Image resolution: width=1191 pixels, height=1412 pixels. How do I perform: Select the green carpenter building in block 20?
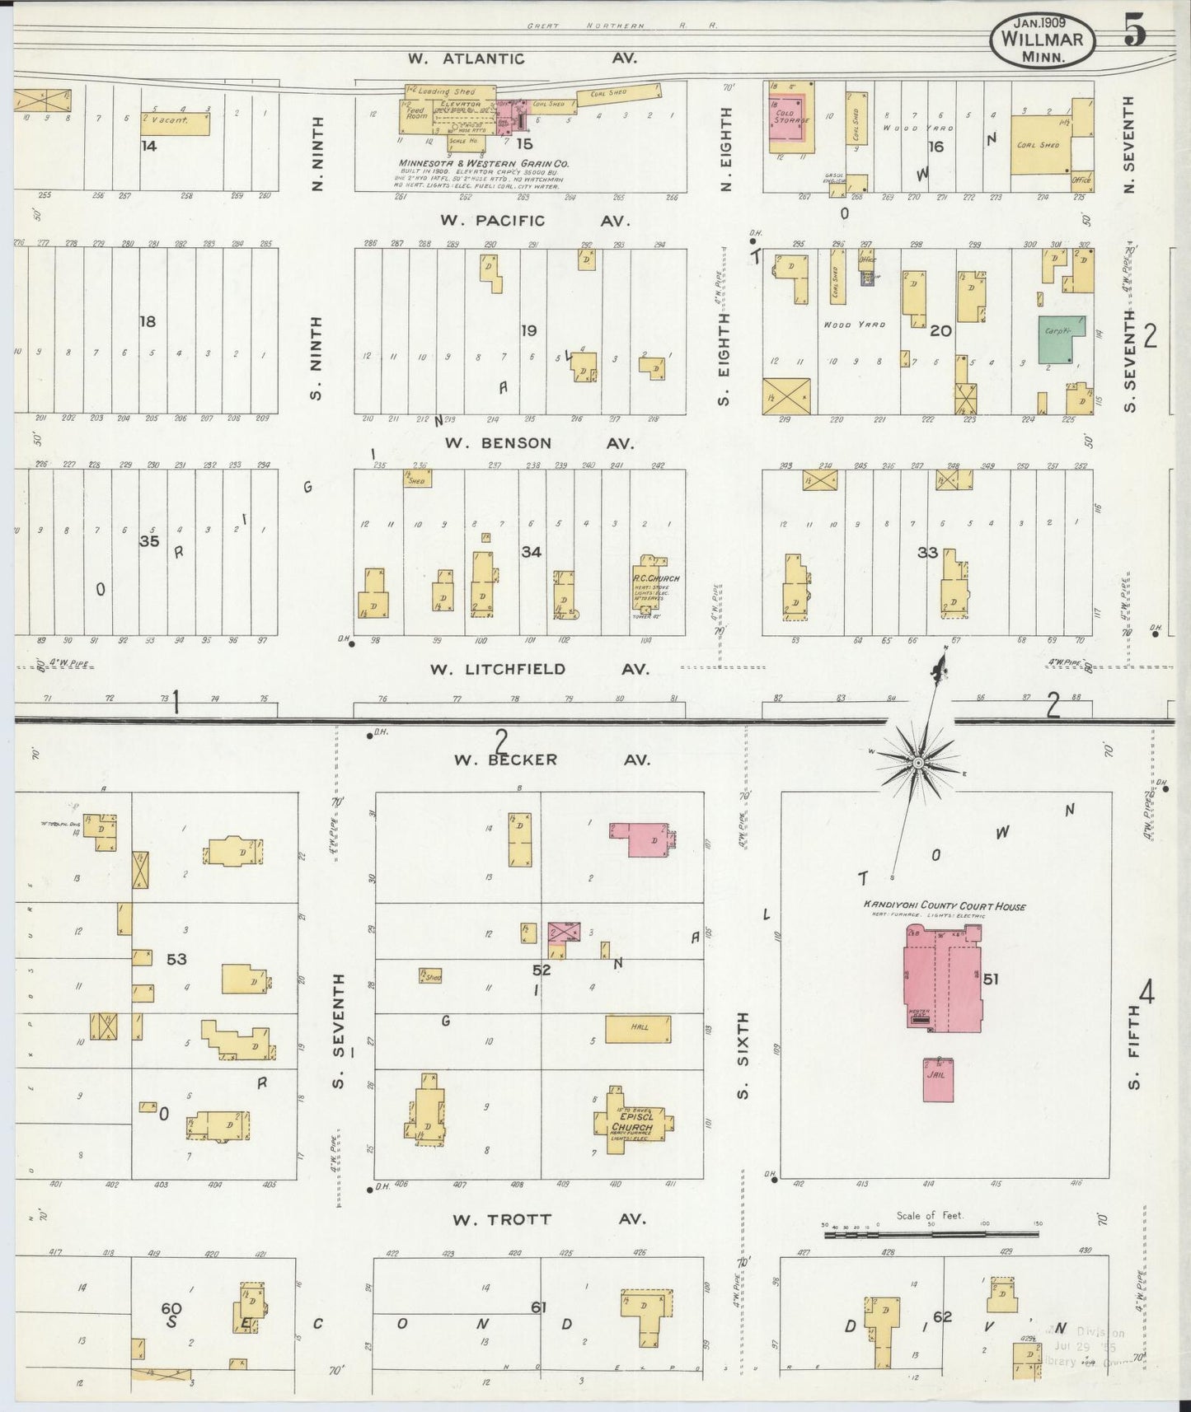(1062, 339)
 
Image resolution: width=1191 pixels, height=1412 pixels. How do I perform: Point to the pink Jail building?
(938, 1079)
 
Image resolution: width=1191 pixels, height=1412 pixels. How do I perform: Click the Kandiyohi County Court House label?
(945, 906)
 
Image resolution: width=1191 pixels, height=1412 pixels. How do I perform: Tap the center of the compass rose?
(917, 764)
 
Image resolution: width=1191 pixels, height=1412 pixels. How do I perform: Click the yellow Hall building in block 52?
(638, 1028)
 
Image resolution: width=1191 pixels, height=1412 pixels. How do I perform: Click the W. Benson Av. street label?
(539, 443)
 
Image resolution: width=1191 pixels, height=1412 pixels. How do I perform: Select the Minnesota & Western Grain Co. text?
(484, 163)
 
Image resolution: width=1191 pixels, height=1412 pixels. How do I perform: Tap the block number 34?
(531, 551)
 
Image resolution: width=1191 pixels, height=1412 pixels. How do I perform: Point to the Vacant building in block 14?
(175, 123)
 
